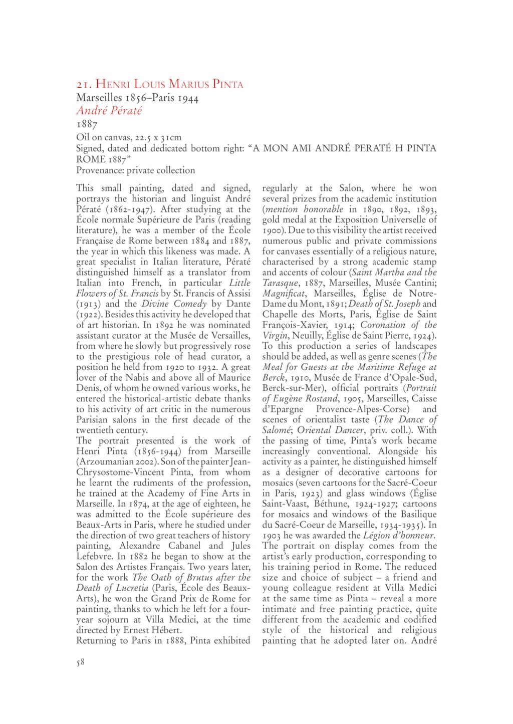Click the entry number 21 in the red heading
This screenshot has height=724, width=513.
[83, 84]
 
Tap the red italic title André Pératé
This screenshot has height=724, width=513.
[109, 111]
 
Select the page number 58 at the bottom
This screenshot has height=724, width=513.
[80, 662]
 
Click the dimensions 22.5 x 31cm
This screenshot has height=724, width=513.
[159, 137]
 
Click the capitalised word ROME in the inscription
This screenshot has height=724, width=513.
[90, 159]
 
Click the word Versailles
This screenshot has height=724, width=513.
[227, 335]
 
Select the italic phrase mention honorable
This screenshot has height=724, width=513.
[305, 209]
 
